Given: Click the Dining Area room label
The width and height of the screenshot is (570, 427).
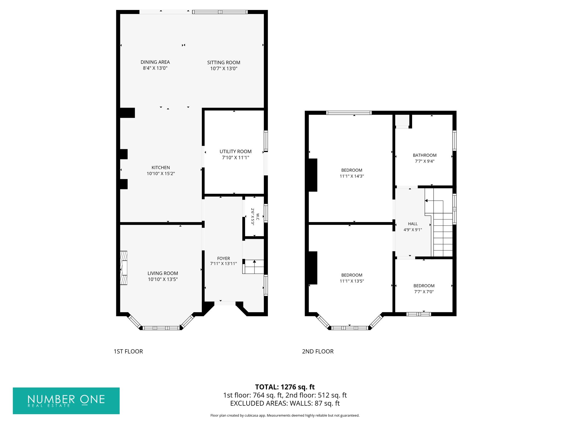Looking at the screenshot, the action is coord(155,62).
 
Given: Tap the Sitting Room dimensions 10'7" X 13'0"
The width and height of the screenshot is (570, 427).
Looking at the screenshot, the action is coord(224,68).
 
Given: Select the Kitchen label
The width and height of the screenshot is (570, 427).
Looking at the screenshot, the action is coord(161,168).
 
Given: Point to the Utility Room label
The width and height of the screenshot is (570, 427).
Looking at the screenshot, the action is coord(235,151).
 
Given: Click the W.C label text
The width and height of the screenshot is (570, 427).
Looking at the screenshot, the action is coord(258,217).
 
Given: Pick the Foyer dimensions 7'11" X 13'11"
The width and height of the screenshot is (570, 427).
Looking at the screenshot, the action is coord(223,264).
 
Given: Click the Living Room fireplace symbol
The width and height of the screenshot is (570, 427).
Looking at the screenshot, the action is coord(123,268).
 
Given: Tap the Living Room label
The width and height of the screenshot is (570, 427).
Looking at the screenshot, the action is coord(163,273).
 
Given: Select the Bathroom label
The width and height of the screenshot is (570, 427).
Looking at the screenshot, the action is coord(425,155).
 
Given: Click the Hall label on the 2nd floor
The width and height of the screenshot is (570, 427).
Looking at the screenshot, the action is coord(413,224).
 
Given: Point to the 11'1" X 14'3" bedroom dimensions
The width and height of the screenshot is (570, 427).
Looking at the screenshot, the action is coord(352,176).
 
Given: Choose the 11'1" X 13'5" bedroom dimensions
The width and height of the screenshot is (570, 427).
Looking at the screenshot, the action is coord(352,281).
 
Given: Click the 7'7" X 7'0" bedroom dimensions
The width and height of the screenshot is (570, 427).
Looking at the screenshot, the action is coord(424,291).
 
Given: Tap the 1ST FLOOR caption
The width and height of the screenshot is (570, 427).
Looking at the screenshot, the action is coord(128,351).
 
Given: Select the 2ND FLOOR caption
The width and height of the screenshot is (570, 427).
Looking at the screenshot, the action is coord(318,351).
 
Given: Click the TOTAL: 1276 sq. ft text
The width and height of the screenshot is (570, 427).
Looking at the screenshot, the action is coord(285,387).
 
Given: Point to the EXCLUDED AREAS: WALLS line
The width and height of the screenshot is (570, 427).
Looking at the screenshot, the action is coord(285,403).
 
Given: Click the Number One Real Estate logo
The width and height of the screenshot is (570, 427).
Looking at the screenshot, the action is coord(66,401).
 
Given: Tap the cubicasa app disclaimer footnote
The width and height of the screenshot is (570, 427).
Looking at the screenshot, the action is coord(285,415).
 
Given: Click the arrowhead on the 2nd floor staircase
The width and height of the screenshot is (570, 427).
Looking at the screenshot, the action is coord(426,201).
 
